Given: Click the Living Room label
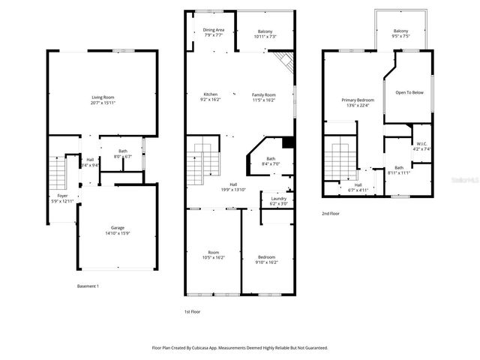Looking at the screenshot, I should [103, 97].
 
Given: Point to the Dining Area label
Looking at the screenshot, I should [213, 29].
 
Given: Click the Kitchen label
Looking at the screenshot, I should [211, 94].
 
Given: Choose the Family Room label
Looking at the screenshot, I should [263, 94].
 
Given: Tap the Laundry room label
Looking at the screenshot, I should [277, 198].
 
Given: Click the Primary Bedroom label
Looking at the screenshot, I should [357, 100].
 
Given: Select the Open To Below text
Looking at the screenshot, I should [409, 93].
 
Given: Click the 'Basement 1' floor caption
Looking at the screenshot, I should [88, 286].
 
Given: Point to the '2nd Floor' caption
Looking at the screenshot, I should [331, 214].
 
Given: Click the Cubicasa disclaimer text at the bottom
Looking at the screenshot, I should [240, 348].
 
